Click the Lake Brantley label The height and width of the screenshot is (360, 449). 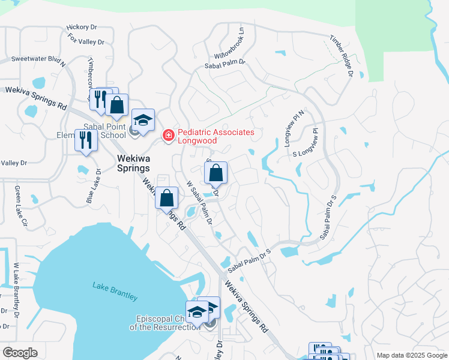[115, 291]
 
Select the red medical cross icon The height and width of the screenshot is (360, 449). [169, 136]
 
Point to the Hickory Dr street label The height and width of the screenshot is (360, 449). [82, 27]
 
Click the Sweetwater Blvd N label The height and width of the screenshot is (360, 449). [37, 60]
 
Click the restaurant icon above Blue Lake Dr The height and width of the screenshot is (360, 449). [85, 141]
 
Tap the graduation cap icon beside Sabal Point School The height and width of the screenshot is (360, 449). [143, 120]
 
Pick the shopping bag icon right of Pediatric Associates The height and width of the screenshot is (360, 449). [215, 173]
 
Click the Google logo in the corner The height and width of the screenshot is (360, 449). [20, 353]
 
